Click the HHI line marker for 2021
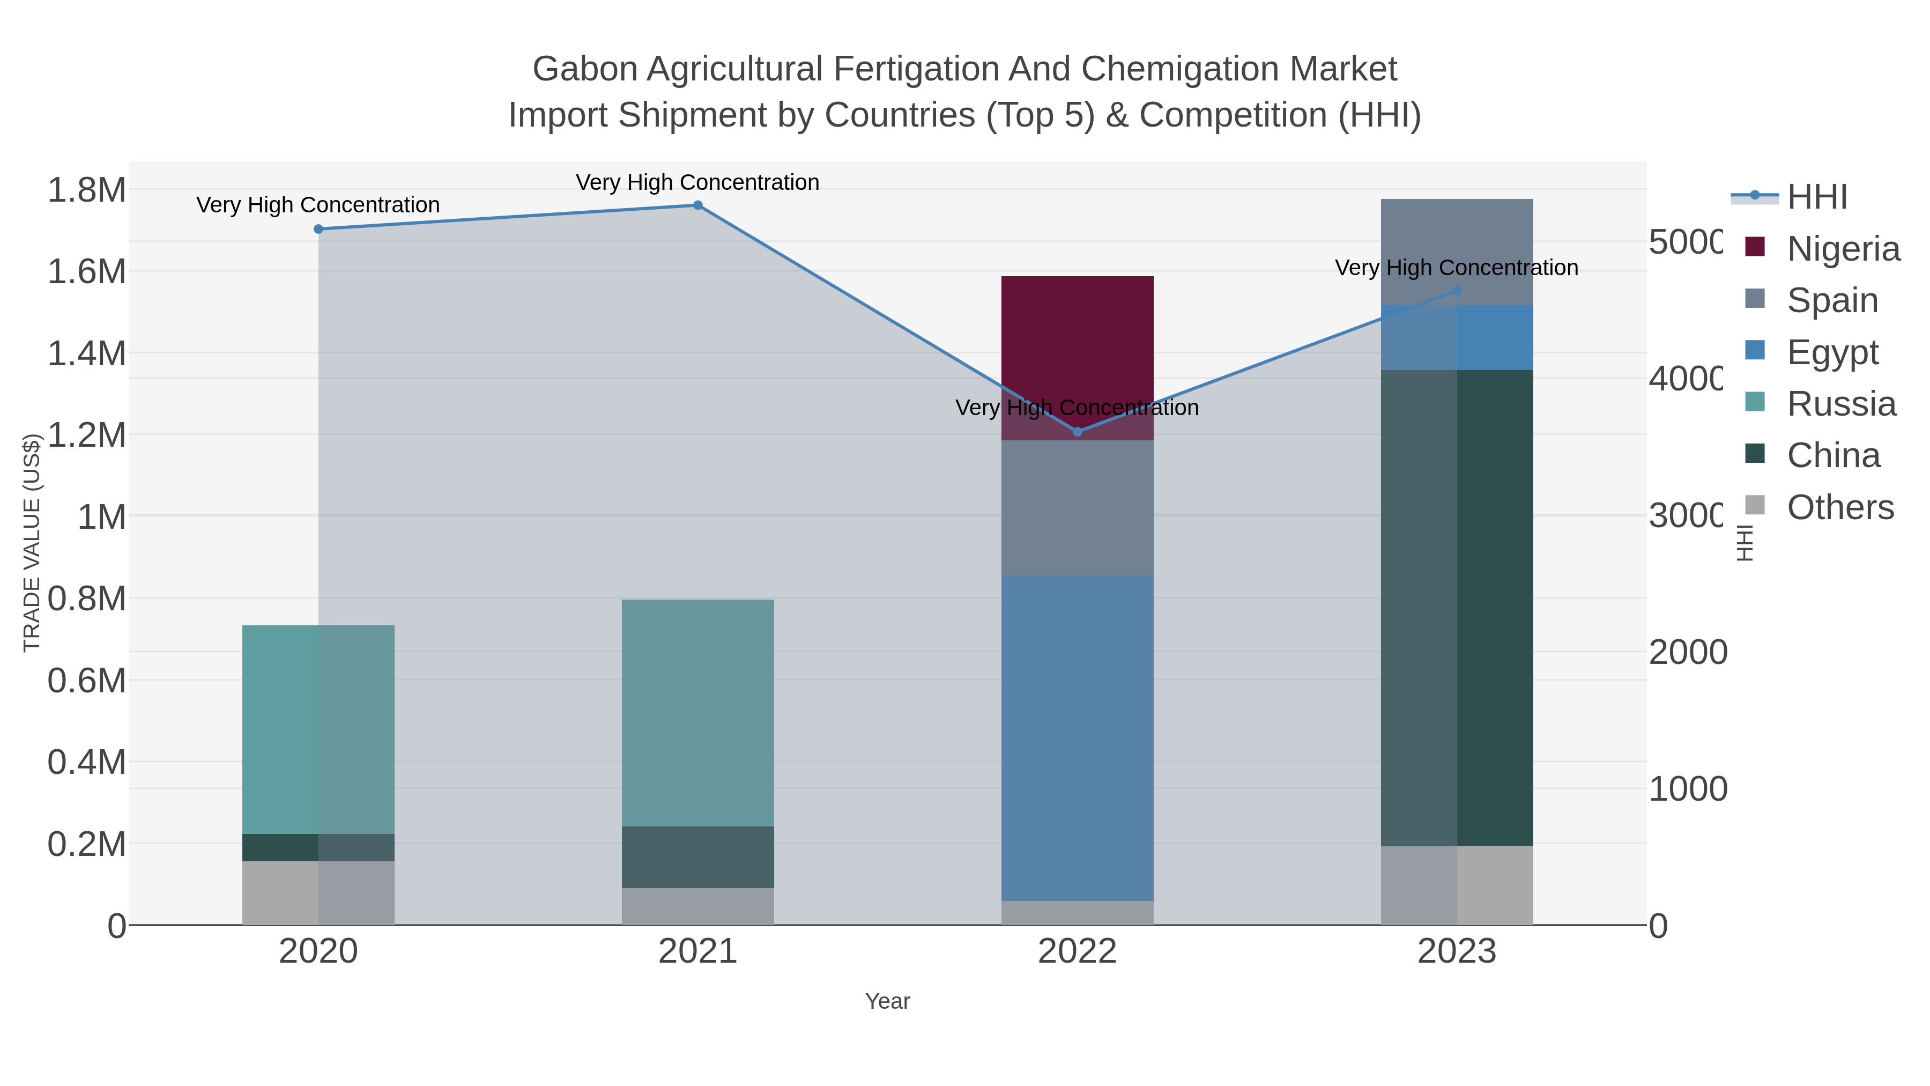coord(697,205)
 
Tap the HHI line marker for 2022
coord(1078,432)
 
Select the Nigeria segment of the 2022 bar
coord(1078,337)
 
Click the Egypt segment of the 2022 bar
coord(1078,738)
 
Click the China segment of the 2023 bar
coord(1457,607)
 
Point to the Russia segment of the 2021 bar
coord(697,712)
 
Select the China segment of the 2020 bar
coord(318,848)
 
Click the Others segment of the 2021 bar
coord(697,907)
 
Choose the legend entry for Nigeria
coord(1843,249)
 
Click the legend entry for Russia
coord(1841,404)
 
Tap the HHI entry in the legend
coord(1816,197)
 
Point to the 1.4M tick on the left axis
coord(87,353)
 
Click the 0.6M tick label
coord(87,681)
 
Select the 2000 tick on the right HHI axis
coord(1687,652)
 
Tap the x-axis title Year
coord(887,1001)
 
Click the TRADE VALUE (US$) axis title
coord(32,543)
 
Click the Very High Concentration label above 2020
coord(318,205)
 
